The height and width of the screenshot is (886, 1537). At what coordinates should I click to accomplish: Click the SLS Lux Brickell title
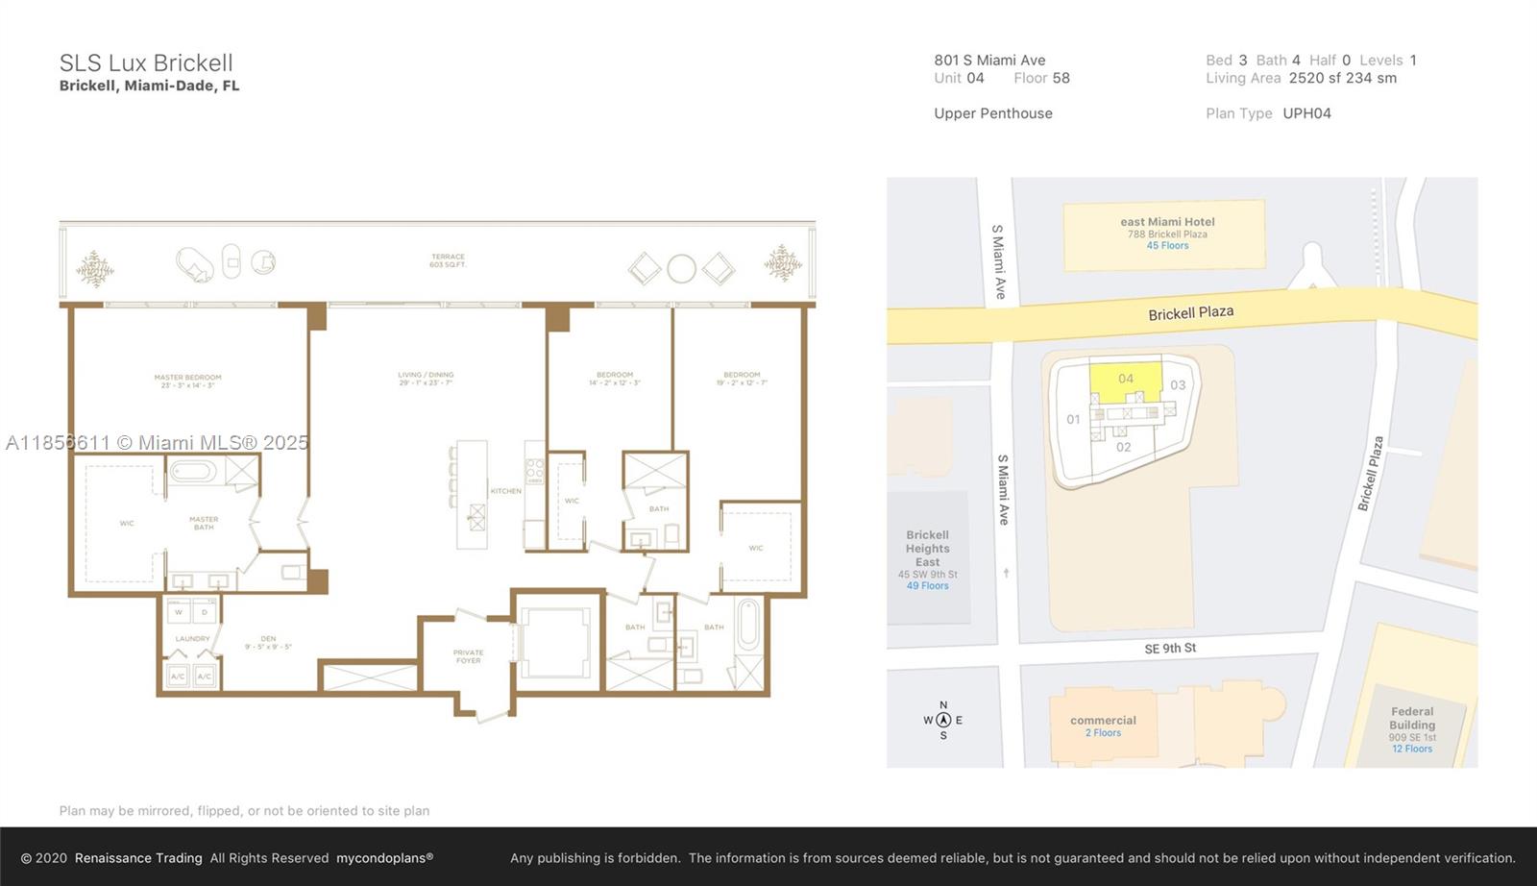click(146, 63)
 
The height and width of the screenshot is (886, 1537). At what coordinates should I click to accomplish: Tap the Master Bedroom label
click(187, 381)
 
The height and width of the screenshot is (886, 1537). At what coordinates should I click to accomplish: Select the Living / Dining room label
click(426, 379)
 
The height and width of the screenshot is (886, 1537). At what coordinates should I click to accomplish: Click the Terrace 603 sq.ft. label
click(448, 260)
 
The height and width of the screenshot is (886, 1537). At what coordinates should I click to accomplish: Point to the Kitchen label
click(505, 491)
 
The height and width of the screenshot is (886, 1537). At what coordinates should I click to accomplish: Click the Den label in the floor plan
click(268, 642)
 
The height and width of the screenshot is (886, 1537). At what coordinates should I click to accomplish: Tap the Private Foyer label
click(469, 656)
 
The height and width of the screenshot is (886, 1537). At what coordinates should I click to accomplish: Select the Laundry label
click(192, 639)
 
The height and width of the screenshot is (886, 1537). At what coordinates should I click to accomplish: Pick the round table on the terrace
click(681, 268)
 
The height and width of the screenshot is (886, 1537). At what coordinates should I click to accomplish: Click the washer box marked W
click(178, 611)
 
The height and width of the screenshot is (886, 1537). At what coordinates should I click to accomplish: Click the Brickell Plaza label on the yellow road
click(1190, 313)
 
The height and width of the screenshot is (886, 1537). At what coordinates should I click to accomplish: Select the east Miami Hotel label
click(1167, 222)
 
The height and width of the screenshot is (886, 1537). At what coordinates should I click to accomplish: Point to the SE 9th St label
click(1169, 649)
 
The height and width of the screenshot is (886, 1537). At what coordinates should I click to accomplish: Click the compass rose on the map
click(943, 720)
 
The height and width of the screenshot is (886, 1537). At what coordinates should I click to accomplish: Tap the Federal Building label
click(1411, 719)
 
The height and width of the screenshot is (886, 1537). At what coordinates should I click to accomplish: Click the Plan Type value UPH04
click(1306, 113)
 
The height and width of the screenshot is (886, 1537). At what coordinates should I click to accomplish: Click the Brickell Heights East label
click(927, 549)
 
